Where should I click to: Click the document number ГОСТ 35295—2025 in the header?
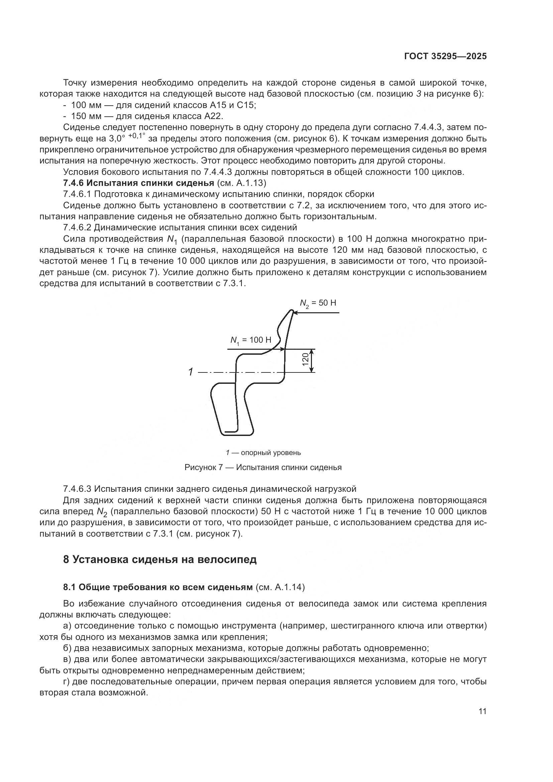click(445, 57)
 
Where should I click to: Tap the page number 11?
click(482, 711)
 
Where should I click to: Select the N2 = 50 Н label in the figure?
click(317, 303)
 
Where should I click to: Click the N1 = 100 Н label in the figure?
click(251, 340)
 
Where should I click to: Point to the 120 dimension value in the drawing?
click(306, 360)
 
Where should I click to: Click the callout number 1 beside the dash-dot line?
click(191, 372)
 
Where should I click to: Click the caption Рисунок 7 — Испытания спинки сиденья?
click(263, 467)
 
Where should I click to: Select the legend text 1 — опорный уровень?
click(263, 453)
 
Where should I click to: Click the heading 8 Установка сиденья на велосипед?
click(160, 560)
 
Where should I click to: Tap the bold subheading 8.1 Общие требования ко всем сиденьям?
click(158, 587)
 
